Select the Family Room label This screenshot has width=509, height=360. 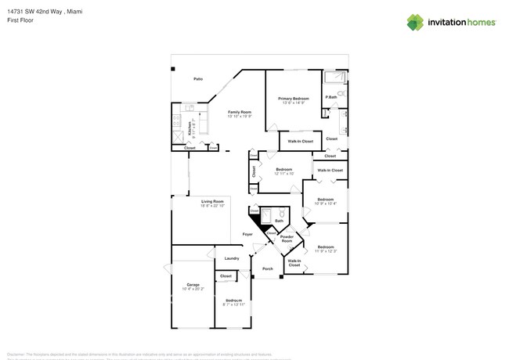pos(239,112)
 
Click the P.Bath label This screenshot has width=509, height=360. pos(331,97)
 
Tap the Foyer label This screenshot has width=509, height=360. pos(247,234)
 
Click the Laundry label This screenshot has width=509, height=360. pos(232,258)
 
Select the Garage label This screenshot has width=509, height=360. pos(193,284)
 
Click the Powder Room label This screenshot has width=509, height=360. pos(287,239)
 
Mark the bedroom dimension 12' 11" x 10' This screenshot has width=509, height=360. pos(283,174)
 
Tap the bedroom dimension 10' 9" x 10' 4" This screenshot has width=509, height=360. pos(325,203)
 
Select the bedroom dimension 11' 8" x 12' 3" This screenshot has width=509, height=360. pos(325,250)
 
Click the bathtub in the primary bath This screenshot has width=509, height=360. pos(335,77)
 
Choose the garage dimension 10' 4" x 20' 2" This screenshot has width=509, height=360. pos(193,289)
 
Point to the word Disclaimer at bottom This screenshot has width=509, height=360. pos(16,353)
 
